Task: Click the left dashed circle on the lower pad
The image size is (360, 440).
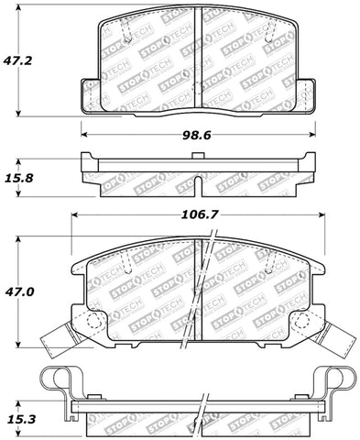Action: pyautogui.click(x=95, y=320)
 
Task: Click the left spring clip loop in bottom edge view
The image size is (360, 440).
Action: pyautogui.click(x=60, y=380)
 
